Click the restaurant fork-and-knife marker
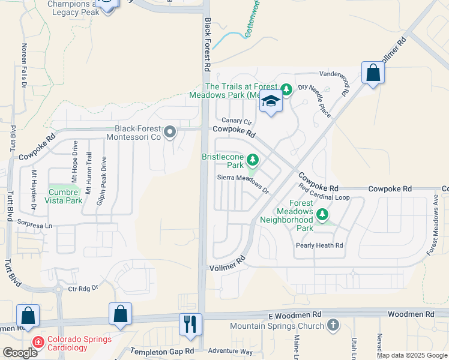pos(190,324)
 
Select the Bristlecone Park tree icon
pos(253,160)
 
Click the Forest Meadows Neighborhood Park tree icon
pos(322,214)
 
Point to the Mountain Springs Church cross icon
pos(333,326)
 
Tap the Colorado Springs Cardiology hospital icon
pos(38,342)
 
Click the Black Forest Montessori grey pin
pos(170,131)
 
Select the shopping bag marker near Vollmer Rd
pos(373,73)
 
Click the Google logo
pos(20,353)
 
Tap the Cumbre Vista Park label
pos(64,196)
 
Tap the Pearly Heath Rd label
pos(319,245)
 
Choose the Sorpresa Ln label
pos(37,224)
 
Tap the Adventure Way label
pos(231,351)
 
